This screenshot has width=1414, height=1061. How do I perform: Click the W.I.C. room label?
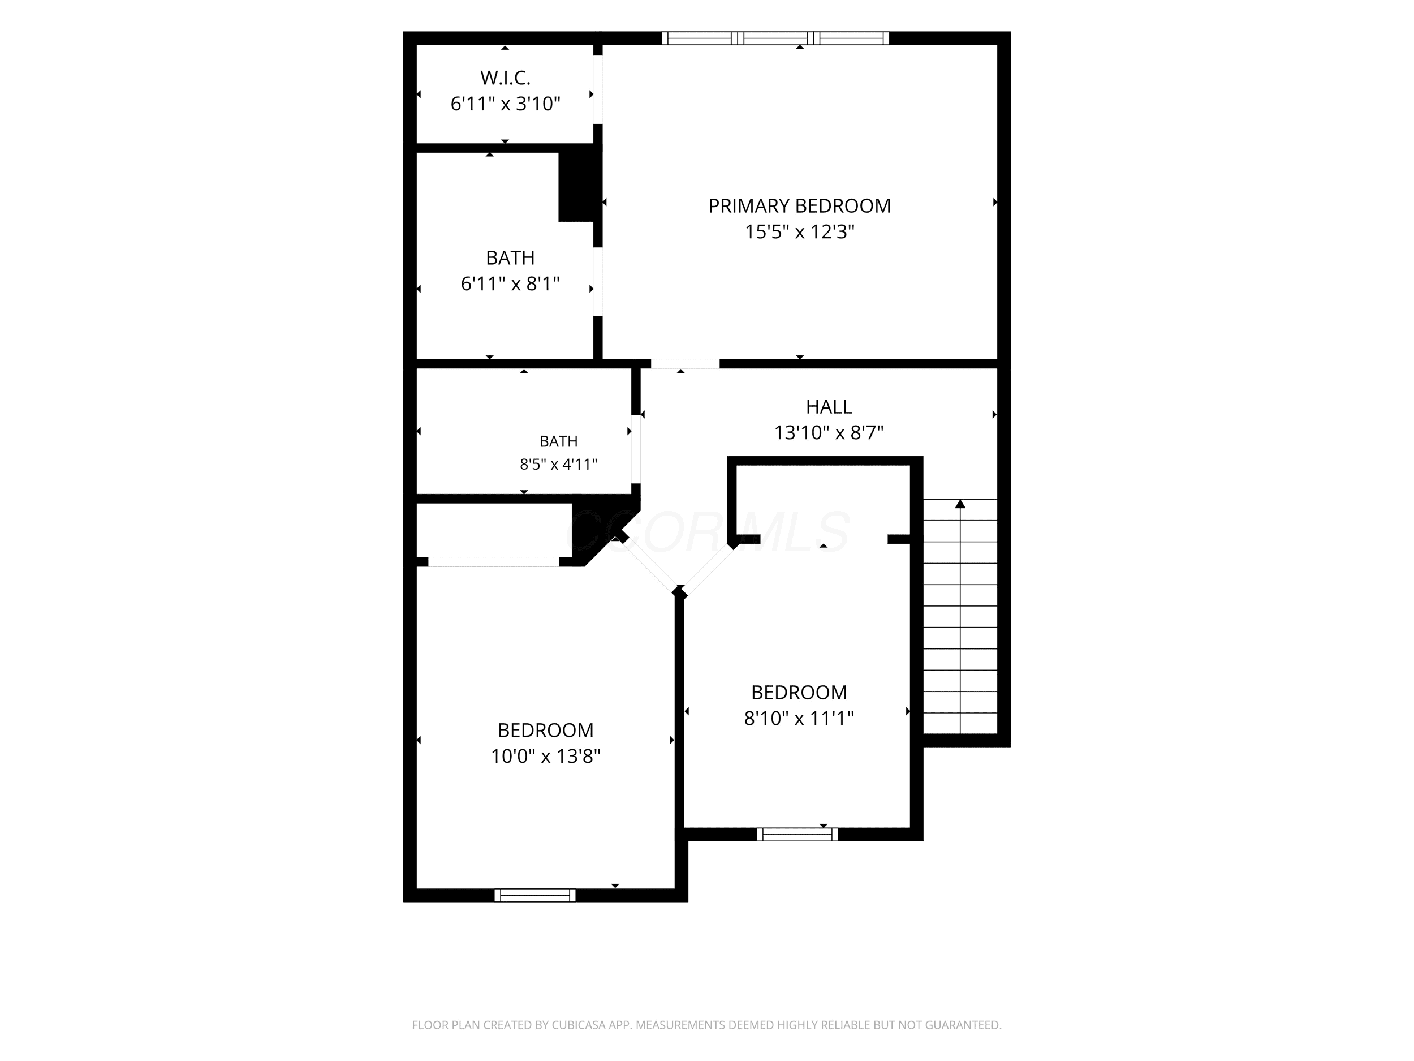click(x=505, y=78)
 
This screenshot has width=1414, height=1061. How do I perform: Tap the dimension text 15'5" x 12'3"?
click(x=799, y=231)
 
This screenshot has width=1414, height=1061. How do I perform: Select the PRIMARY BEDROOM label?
click(x=799, y=206)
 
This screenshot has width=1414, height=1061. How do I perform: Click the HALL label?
click(x=829, y=407)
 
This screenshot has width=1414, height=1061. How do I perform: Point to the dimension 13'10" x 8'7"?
click(x=829, y=433)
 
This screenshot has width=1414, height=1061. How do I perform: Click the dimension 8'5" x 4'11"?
click(x=558, y=465)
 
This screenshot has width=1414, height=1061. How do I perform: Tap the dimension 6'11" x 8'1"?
click(x=510, y=283)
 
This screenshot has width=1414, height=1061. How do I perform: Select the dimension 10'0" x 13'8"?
click(x=545, y=757)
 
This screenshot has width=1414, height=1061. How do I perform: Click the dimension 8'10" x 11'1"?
click(x=799, y=718)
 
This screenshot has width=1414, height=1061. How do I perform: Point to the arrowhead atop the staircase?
click(x=960, y=504)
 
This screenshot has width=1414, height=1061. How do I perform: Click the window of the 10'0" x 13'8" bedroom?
click(x=535, y=895)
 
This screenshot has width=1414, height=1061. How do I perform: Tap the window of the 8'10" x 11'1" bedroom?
click(x=797, y=834)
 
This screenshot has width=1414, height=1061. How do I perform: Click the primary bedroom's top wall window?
click(x=775, y=38)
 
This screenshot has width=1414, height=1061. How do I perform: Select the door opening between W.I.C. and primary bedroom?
click(x=598, y=89)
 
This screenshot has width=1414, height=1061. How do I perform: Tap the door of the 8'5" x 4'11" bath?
click(x=636, y=449)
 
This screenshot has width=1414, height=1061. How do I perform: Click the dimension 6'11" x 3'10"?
click(x=505, y=104)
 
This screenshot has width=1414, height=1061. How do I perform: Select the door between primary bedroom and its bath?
click(x=598, y=282)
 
